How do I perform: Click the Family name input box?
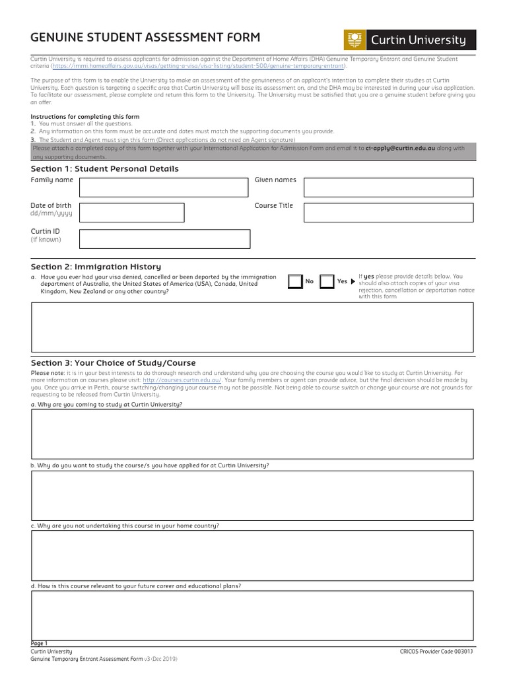[x=164, y=187]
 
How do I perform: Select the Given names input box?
[x=388, y=187]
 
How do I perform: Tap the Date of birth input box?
[x=131, y=213]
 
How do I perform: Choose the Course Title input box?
[x=388, y=213]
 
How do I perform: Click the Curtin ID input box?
[x=164, y=238]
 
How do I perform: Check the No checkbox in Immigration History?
[x=295, y=282]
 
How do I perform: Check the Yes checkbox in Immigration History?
[x=327, y=282]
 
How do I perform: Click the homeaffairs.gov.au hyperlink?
[x=199, y=66]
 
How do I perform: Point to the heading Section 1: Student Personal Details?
[x=105, y=169]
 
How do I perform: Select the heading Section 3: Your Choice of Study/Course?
[x=114, y=363]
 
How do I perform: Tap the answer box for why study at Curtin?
[x=253, y=434]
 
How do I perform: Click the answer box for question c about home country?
[x=253, y=555]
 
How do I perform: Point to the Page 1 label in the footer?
[x=40, y=643]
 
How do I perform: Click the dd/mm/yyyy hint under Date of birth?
[x=51, y=215]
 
